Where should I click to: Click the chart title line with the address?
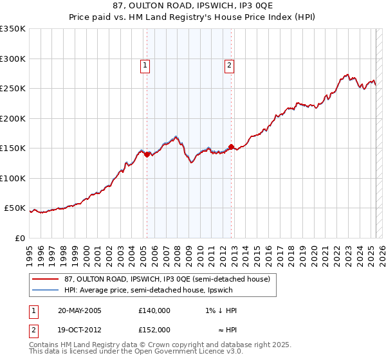pos(193,6)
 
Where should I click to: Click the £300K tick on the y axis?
pos(13,59)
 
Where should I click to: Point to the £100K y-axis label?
pos(13,178)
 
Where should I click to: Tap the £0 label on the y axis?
pos(19,238)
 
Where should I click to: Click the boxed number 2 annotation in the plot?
pos(229,64)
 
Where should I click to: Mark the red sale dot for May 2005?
pos(147,154)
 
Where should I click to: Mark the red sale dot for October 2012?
pos(232,147)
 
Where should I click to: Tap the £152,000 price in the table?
pos(154,330)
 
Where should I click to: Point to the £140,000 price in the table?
pos(154,310)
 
